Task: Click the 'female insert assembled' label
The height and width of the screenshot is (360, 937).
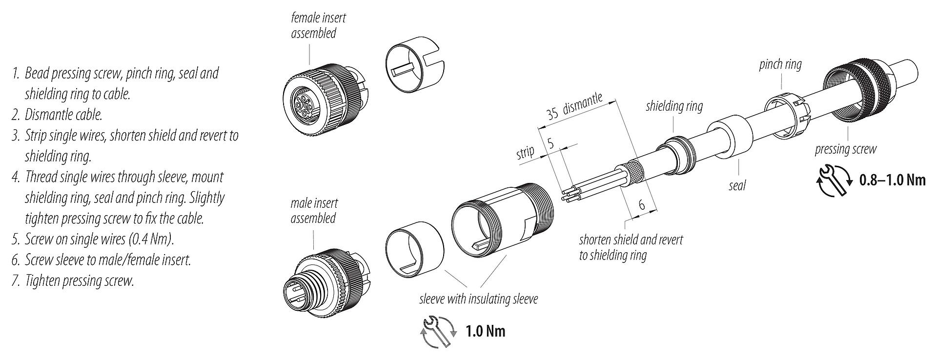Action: click(318, 26)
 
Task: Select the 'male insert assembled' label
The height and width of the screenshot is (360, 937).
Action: click(314, 210)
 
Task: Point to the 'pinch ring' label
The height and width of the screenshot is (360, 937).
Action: click(780, 64)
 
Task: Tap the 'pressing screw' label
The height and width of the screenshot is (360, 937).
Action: click(845, 149)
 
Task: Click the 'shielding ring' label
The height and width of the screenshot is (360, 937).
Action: click(674, 106)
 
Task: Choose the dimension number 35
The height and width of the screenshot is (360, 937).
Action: click(552, 115)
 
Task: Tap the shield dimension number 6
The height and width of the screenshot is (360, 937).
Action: click(642, 205)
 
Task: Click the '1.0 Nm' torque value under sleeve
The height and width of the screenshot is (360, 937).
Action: click(485, 332)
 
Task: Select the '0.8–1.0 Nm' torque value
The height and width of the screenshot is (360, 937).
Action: click(892, 180)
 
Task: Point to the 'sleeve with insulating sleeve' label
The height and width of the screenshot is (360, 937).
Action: click(478, 299)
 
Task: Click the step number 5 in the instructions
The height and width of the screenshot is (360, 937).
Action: click(15, 240)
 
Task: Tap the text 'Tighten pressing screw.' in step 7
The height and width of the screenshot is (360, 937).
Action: click(79, 281)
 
